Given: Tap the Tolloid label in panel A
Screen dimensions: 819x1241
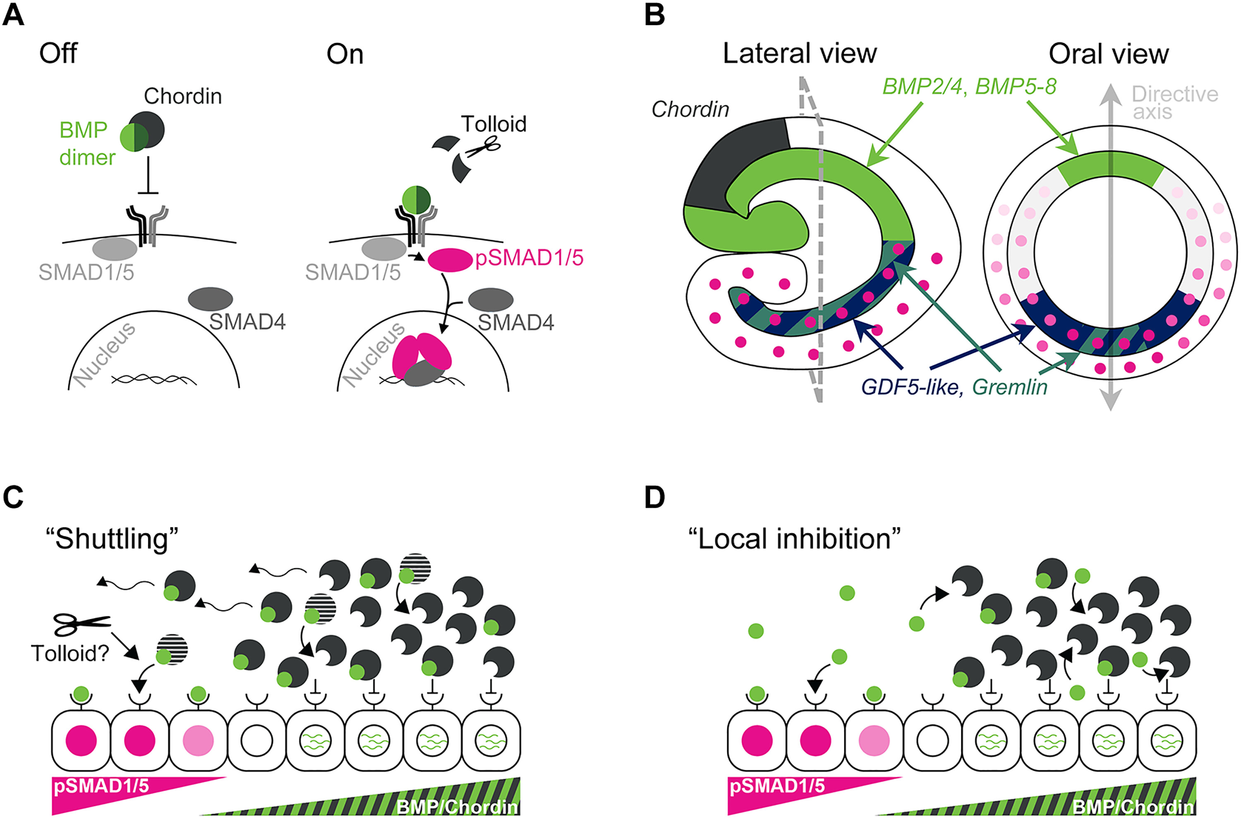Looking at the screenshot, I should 494,125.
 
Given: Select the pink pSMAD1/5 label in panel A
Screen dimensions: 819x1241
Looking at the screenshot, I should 529,258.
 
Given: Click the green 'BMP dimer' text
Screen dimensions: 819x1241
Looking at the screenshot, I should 86,143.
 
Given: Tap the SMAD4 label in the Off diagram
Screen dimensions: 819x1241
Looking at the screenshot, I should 247,322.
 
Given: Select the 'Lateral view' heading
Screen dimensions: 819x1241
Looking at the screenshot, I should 799,53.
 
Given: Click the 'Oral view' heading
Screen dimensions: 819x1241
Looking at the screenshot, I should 1108,54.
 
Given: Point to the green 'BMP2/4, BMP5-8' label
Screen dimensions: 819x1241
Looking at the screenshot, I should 969,86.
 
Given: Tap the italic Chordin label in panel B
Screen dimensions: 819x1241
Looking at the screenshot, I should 690,109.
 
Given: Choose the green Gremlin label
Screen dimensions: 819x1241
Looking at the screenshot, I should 1010,387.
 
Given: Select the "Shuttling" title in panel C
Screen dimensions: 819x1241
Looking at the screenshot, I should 112,539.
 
